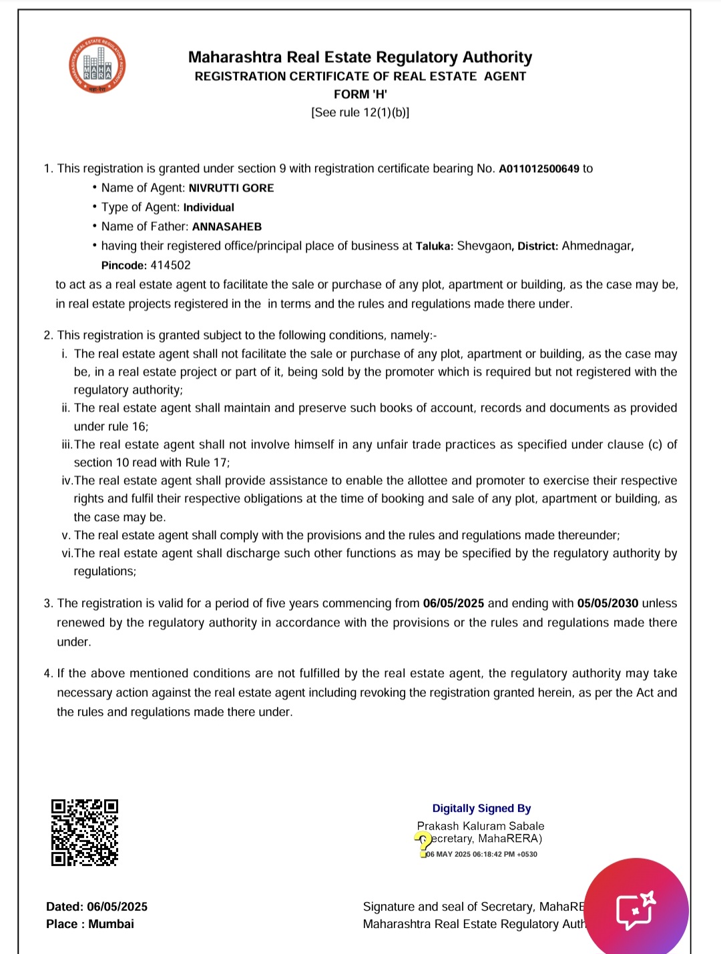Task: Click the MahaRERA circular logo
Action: [97, 65]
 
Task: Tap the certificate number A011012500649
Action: [539, 169]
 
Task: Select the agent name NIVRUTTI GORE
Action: [231, 188]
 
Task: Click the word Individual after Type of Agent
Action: [208, 207]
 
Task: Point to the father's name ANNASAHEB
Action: [227, 227]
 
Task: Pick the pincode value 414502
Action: [170, 266]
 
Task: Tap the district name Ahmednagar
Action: [596, 246]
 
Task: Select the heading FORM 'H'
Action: [360, 95]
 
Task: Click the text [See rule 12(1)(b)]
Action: [360, 113]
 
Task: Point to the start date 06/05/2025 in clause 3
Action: [453, 604]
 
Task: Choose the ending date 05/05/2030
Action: [608, 604]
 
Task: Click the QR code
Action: [85, 833]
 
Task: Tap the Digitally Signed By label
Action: [481, 809]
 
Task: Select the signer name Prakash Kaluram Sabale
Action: [481, 826]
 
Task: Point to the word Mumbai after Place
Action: [111, 924]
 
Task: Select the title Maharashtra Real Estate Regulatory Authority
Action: [360, 57]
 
